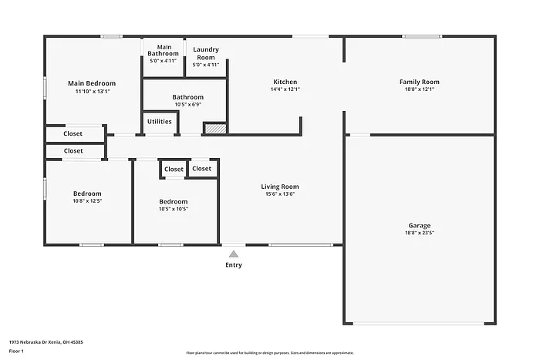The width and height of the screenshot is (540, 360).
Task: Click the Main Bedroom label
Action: click(92, 83)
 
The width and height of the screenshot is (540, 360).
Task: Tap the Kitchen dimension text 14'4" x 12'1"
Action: click(285, 89)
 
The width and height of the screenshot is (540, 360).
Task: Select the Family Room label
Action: click(419, 82)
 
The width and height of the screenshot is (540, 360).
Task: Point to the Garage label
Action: click(420, 226)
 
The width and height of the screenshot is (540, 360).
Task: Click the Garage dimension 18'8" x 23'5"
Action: click(420, 234)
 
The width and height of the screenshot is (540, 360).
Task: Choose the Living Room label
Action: click(279, 187)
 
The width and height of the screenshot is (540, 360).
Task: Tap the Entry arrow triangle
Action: click(233, 253)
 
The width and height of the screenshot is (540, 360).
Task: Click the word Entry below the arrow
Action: click(233, 265)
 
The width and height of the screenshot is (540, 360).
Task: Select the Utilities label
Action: click(160, 121)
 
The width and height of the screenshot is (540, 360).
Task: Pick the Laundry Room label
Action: click(205, 53)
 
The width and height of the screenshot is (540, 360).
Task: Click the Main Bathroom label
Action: click(164, 50)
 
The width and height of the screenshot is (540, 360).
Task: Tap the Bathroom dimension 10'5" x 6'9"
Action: click(188, 104)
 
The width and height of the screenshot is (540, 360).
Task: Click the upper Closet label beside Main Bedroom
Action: click(73, 133)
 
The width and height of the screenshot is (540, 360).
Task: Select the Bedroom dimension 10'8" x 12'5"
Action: click(87, 200)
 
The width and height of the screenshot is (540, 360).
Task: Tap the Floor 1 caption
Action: click(17, 352)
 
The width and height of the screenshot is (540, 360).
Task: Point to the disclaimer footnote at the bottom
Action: click(269, 352)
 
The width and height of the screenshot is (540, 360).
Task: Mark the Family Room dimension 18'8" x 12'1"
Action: click(419, 89)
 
